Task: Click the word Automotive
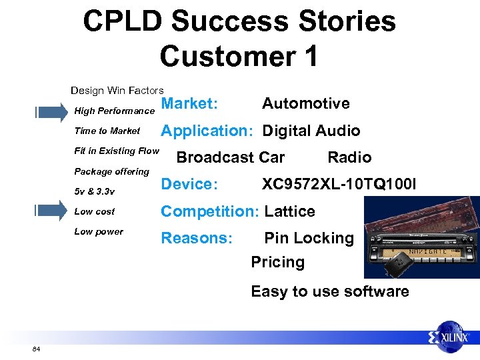point(305,103)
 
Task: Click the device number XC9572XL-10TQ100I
point(339,183)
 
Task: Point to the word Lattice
point(289,211)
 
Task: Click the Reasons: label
point(197,238)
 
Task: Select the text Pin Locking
point(309,238)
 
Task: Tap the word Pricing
point(277,262)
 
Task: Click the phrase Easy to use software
point(329,291)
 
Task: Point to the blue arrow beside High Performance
point(51,111)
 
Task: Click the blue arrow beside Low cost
point(51,211)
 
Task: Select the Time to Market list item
point(107,131)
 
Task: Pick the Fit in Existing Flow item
point(117,151)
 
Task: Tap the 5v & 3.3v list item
point(94,191)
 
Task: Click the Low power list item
point(99,231)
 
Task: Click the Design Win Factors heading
point(117,90)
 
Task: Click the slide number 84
point(35,349)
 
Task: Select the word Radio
point(349,157)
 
